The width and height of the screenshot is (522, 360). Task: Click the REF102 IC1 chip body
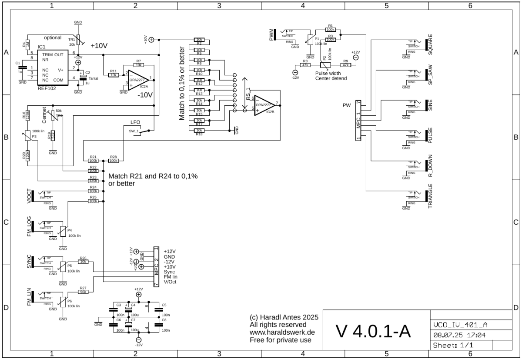click(52, 67)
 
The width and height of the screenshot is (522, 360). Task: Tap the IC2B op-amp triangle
click(264, 105)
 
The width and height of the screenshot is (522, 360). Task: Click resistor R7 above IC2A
click(138, 65)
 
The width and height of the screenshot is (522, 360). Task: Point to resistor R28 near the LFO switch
click(114, 161)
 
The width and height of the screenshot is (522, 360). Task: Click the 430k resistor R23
click(93, 181)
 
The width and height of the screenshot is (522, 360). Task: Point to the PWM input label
click(272, 34)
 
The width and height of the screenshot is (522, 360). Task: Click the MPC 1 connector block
click(358, 120)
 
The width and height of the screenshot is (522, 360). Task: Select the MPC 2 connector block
click(156, 266)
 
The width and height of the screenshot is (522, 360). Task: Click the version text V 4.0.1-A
click(373, 331)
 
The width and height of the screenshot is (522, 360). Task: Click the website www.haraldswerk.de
click(281, 332)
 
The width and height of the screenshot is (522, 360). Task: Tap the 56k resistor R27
click(84, 292)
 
